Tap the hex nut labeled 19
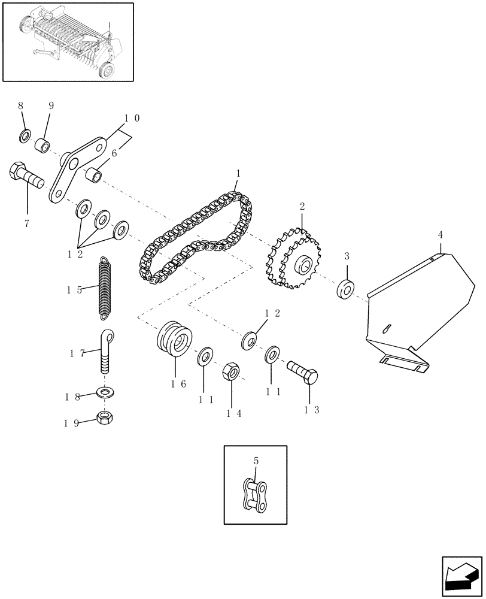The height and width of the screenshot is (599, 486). point(107,417)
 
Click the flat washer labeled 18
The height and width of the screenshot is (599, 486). point(107,393)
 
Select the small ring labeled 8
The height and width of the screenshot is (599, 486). point(25,137)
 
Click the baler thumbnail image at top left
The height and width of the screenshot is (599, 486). point(68,41)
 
